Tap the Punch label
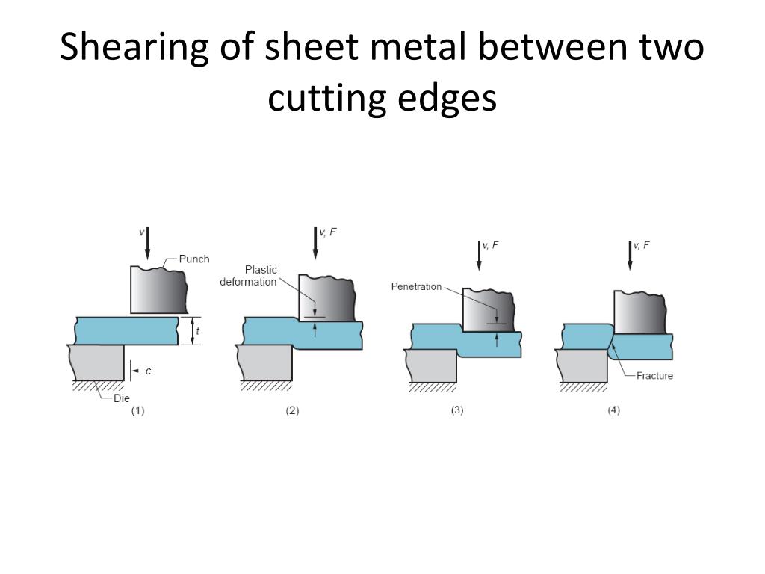[194, 259]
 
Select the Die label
[122, 398]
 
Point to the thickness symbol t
[197, 331]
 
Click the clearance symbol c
[148, 371]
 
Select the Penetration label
[416, 287]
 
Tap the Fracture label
[654, 376]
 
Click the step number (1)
[138, 410]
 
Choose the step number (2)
[292, 410]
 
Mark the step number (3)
[457, 410]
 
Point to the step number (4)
[613, 410]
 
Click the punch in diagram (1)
[158, 290]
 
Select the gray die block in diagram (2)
[266, 362]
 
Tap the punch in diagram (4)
[639, 312]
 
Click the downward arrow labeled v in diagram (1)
[148, 244]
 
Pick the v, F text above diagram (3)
[490, 245]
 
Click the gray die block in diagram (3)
[432, 365]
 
